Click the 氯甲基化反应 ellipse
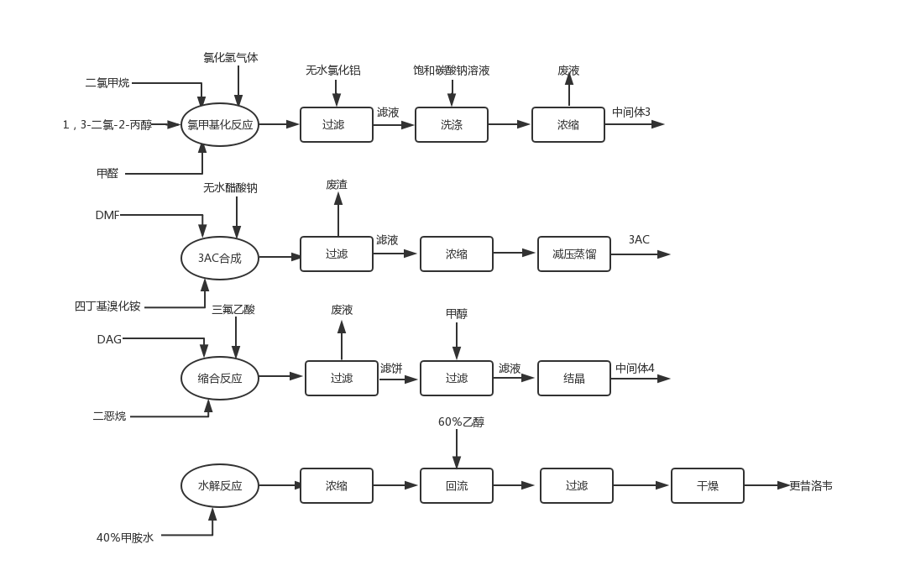pyautogui.click(x=220, y=125)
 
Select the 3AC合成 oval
pyautogui.click(x=220, y=258)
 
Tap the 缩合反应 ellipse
pyautogui.click(x=220, y=379)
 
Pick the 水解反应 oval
pyautogui.click(x=220, y=485)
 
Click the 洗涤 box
pyautogui.click(x=451, y=125)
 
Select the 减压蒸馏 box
pyautogui.click(x=574, y=254)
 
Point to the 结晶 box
pyautogui.click(x=574, y=379)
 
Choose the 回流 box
pyautogui.click(x=457, y=485)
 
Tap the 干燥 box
pyautogui.click(x=708, y=485)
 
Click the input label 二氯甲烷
pyautogui.click(x=107, y=83)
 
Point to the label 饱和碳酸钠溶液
pyautogui.click(x=452, y=71)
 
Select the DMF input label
pyautogui.click(x=107, y=216)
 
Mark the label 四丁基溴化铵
pyautogui.click(x=107, y=306)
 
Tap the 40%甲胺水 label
pyautogui.click(x=125, y=537)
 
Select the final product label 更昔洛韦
pyautogui.click(x=811, y=485)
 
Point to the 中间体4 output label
pyautogui.click(x=635, y=368)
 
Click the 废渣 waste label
pyautogui.click(x=337, y=184)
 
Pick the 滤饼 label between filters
pyautogui.click(x=391, y=368)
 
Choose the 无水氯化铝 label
pyautogui.click(x=333, y=71)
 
